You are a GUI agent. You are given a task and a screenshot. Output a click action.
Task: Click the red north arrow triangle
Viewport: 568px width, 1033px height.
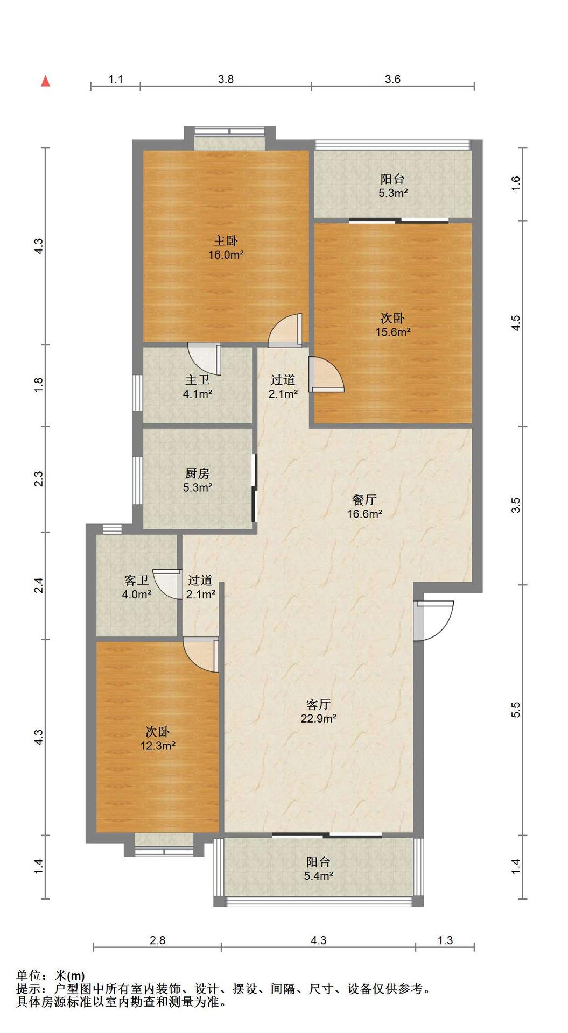click(46, 81)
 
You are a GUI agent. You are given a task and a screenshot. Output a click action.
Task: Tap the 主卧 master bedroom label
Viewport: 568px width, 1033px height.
click(226, 241)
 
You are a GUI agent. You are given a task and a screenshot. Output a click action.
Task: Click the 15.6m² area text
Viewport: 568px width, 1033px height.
click(393, 332)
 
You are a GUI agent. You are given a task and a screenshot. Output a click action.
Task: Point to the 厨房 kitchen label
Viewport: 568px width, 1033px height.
click(197, 473)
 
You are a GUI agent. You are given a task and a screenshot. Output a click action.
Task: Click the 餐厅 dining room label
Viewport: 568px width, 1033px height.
click(364, 500)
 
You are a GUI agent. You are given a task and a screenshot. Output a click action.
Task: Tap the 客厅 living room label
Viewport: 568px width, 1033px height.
click(318, 704)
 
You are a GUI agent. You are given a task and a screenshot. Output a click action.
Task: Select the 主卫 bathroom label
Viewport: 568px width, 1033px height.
click(197, 379)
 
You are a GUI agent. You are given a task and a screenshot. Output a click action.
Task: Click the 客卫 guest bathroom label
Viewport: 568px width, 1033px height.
click(136, 581)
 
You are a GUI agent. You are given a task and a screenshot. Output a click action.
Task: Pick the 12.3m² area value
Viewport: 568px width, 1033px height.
click(158, 746)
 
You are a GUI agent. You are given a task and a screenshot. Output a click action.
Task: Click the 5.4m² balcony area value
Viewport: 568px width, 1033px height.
click(319, 876)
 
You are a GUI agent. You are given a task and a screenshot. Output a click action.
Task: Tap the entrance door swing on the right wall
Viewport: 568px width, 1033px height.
click(434, 620)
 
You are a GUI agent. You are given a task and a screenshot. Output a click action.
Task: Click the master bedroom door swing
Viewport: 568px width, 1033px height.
click(285, 330)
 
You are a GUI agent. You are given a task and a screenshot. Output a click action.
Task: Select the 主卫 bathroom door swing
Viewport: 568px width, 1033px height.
click(205, 359)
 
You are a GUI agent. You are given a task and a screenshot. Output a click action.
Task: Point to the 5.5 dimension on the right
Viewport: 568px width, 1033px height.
click(516, 710)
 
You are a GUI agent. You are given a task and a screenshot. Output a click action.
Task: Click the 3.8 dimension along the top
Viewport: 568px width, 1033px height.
click(226, 79)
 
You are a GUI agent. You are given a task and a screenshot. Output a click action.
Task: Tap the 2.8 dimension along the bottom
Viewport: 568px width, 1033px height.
click(157, 940)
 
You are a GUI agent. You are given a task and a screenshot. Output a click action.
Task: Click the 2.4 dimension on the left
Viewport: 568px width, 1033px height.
click(38, 585)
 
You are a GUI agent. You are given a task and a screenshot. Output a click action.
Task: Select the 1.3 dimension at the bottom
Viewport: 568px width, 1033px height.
click(445, 940)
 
